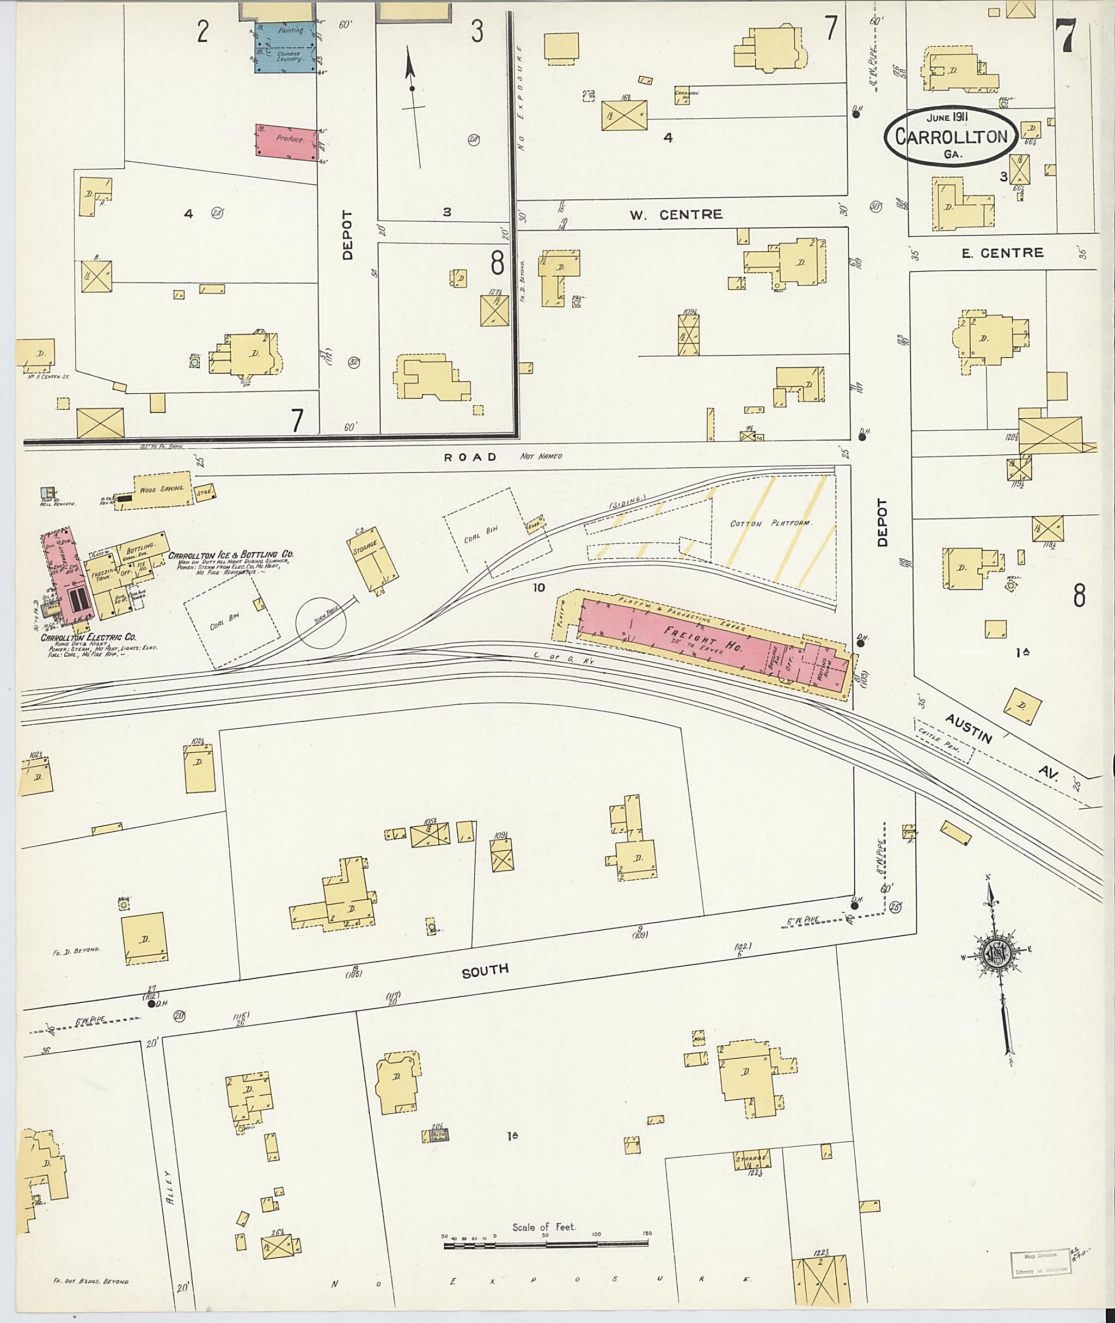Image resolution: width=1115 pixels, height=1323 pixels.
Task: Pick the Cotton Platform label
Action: [770, 523]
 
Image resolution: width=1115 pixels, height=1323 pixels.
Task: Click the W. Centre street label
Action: [676, 215]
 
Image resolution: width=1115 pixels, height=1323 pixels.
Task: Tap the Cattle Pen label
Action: [944, 741]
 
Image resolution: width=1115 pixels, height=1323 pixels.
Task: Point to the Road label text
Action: [470, 456]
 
